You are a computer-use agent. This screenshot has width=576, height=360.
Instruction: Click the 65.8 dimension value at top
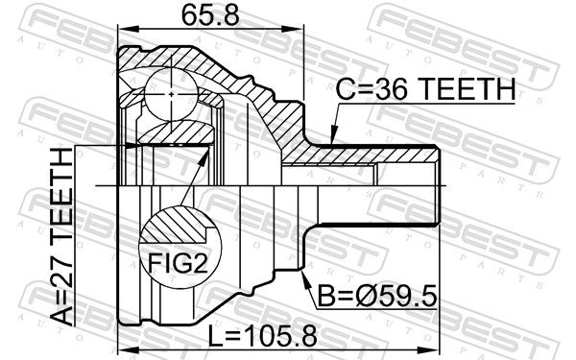210,15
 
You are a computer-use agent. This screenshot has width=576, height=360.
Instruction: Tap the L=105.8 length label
262,337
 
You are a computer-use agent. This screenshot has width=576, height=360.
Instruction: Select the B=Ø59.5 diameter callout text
377,296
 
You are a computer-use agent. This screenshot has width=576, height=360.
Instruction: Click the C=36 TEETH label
425,89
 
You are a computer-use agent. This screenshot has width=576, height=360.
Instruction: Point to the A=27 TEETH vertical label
61,236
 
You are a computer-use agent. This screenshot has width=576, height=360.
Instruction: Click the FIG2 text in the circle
178,262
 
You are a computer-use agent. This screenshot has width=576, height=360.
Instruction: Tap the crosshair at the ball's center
172,94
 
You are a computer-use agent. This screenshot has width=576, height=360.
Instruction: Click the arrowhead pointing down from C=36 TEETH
333,135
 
